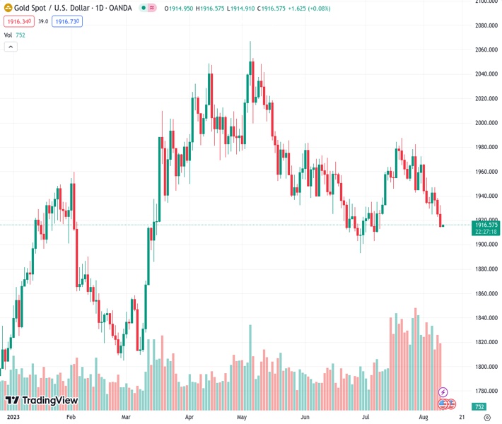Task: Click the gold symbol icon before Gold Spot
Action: (8, 8)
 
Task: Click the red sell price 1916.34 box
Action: (17, 22)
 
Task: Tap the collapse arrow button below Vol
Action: (11, 47)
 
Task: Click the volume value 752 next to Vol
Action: (21, 35)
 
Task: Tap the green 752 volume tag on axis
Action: (479, 407)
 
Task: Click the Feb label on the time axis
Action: (71, 418)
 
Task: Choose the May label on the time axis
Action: (242, 418)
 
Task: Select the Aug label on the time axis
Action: (422, 418)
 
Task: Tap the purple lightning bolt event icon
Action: (443, 391)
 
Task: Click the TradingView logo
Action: (41, 401)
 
